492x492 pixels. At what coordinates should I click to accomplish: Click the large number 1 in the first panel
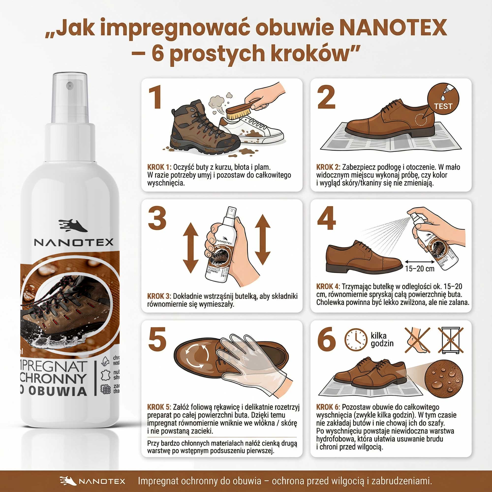coord(155,97)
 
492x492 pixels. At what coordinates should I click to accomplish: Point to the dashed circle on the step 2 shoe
coord(421,120)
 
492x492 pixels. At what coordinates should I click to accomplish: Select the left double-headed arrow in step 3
coord(190,248)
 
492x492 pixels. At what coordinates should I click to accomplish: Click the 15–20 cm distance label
coord(420,268)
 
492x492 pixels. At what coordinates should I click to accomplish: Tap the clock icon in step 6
coord(356,340)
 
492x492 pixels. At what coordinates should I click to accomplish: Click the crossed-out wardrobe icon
coord(450,340)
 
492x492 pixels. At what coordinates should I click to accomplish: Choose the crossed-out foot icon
coord(418,340)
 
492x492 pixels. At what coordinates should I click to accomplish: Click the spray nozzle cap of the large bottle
coord(70,97)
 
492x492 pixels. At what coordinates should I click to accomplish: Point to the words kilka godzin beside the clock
coord(382,340)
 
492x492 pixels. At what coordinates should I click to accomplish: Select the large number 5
coord(157,339)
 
